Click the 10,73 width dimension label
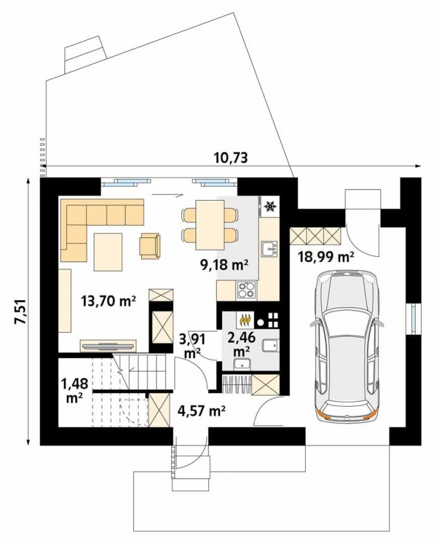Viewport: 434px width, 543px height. [x=231, y=157]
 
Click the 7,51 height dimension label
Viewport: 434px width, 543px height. [x=19, y=311]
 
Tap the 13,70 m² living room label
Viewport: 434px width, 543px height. [x=108, y=301]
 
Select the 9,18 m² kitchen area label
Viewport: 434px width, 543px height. [x=224, y=264]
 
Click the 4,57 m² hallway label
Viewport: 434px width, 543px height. [x=201, y=411]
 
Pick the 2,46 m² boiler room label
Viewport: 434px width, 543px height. [x=242, y=344]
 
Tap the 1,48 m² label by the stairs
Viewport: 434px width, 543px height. [x=74, y=390]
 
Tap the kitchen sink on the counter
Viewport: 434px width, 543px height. [x=269, y=249]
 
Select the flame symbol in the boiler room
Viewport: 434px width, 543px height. [x=245, y=320]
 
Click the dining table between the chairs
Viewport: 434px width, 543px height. [x=210, y=224]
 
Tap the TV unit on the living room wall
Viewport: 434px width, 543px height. [x=108, y=345]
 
